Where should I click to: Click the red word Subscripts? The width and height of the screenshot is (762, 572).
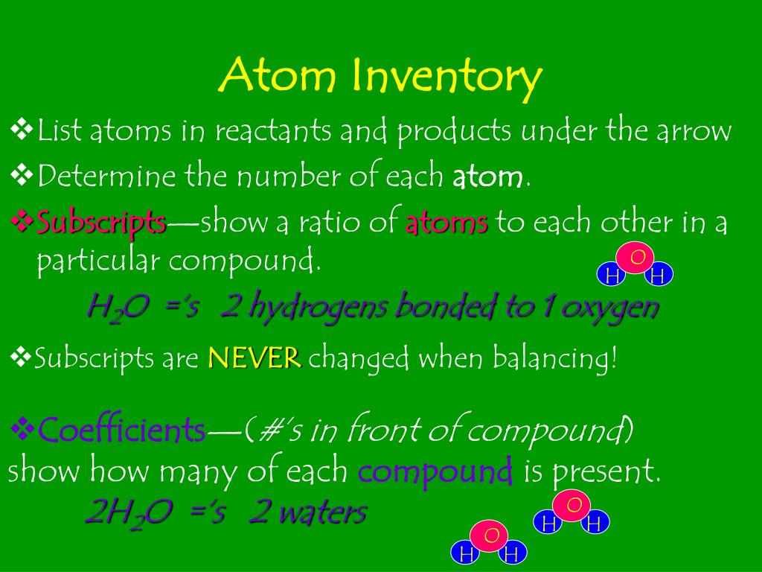pyautogui.click(x=102, y=221)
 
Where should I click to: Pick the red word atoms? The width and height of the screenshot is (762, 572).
pyautogui.click(x=446, y=223)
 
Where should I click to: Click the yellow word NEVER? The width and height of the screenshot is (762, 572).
pyautogui.click(x=254, y=358)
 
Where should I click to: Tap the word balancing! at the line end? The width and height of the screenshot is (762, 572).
pyautogui.click(x=552, y=358)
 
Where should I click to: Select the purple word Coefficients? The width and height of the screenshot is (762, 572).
pyautogui.click(x=122, y=429)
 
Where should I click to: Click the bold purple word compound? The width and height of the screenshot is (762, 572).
pyautogui.click(x=435, y=471)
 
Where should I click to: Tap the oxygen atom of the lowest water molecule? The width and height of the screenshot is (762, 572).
pyautogui.click(x=490, y=536)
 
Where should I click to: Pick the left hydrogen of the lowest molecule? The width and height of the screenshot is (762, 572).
pyautogui.click(x=467, y=554)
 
